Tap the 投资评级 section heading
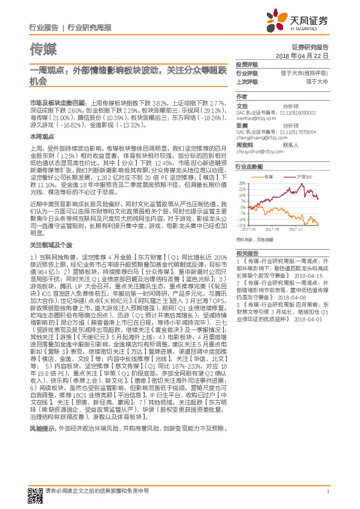pos(246,65)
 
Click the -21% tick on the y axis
pos(242,223)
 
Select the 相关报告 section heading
pos(246,252)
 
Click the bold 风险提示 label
pos(43,394)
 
